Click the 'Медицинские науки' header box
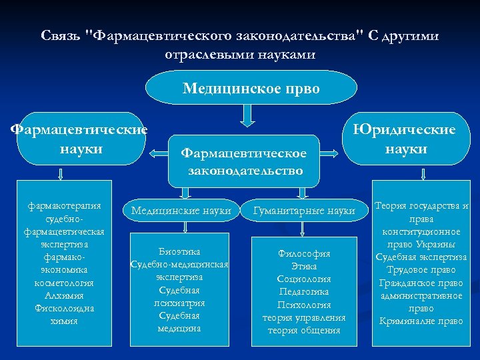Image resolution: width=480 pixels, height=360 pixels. (x=181, y=211)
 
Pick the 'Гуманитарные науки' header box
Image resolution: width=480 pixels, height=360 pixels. (x=304, y=211)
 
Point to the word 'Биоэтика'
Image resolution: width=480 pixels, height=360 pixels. (x=179, y=251)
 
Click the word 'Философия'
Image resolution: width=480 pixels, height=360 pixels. (x=304, y=254)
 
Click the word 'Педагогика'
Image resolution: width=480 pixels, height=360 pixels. (x=304, y=292)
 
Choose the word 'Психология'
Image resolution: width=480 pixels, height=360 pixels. (x=304, y=305)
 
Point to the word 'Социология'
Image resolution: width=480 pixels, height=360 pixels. (x=304, y=279)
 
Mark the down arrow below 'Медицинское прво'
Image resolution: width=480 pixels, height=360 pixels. (x=247, y=118)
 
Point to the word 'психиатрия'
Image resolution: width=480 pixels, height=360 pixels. (x=179, y=303)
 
